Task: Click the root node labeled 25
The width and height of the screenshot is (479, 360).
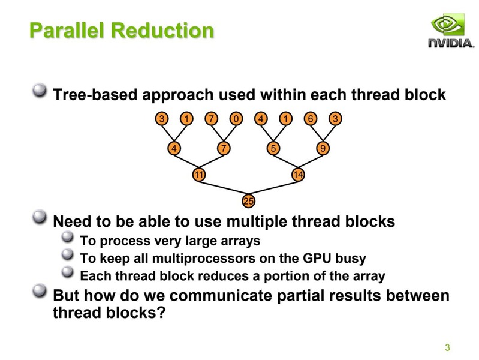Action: click(249, 200)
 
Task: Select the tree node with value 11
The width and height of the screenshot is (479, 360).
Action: click(199, 175)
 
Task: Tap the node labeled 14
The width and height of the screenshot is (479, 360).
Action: click(299, 175)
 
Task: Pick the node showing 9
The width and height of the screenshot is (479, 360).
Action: click(323, 148)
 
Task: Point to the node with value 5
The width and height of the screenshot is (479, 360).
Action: click(273, 148)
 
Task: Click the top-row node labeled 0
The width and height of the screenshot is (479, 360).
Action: click(237, 119)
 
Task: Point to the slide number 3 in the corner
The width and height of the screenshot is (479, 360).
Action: click(447, 347)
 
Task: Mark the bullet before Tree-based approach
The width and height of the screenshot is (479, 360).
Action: click(40, 92)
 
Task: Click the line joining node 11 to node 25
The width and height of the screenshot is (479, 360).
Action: click(224, 187)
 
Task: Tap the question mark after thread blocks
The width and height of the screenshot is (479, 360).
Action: click(159, 313)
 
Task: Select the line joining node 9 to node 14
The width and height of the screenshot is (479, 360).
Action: click(311, 161)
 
